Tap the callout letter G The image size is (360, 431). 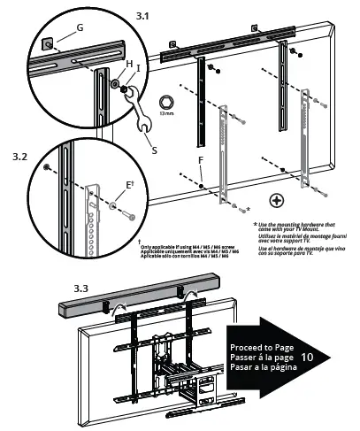pyautogui.click(x=80, y=27)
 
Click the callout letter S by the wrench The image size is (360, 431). pyautogui.click(x=154, y=150)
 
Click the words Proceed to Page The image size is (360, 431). pyautogui.click(x=258, y=348)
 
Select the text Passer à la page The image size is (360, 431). pyautogui.click(x=257, y=357)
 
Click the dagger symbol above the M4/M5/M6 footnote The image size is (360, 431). pyautogui.click(x=140, y=240)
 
